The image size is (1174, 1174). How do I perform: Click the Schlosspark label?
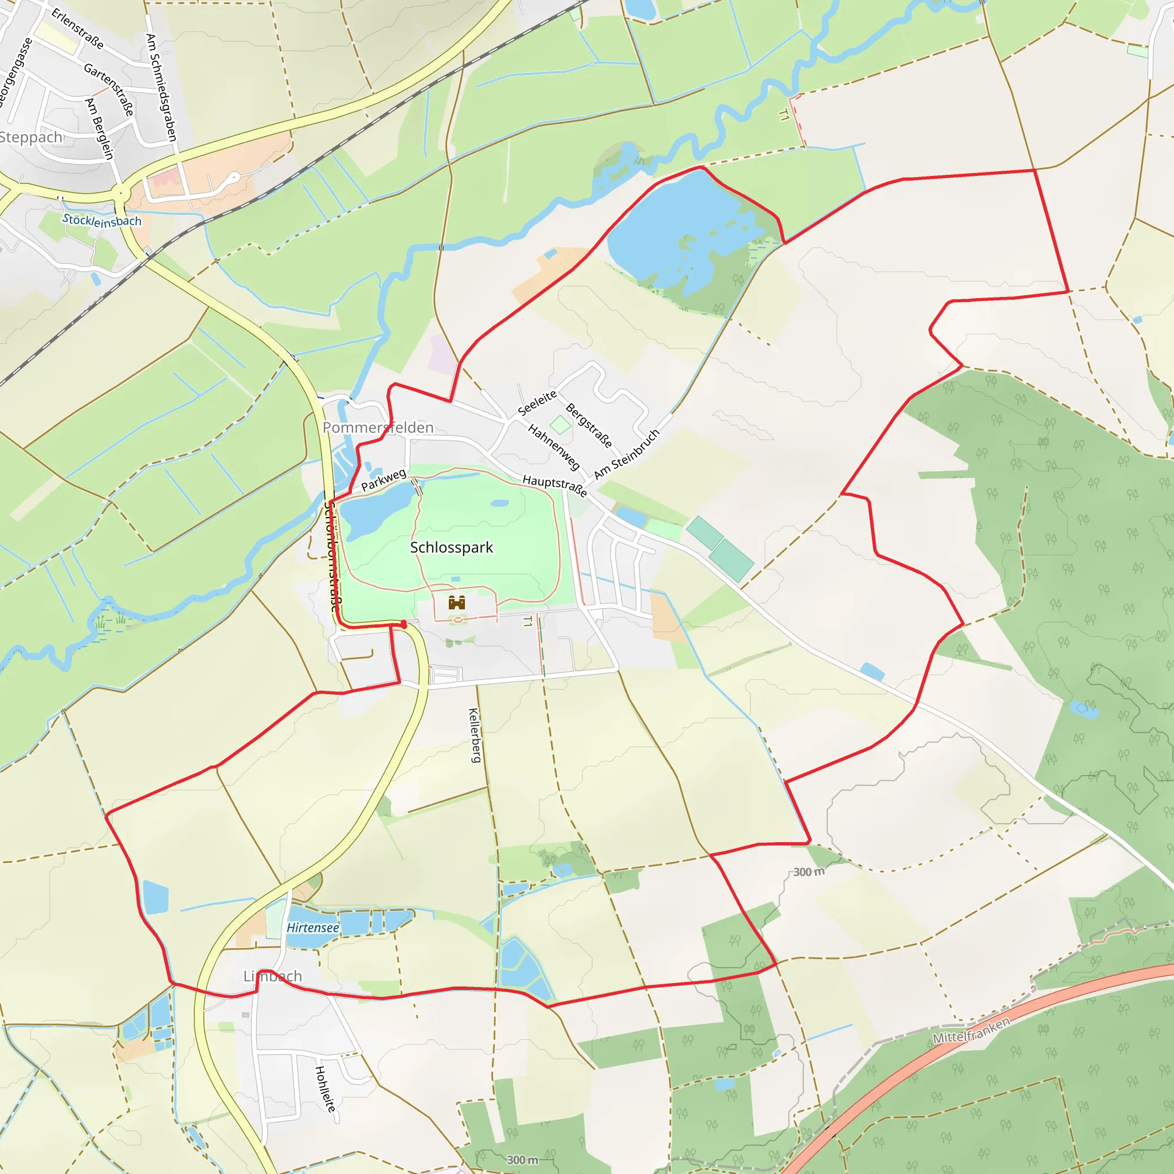pos(452,547)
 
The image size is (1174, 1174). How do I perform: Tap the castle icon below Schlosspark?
pos(456,602)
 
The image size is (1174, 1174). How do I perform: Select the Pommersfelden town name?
pos(378,427)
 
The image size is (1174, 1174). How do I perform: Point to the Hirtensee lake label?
pos(313,928)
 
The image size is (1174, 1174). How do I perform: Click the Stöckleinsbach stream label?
pos(102,221)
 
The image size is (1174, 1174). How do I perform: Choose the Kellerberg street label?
pos(475,735)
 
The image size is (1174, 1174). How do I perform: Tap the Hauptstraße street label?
pos(555,486)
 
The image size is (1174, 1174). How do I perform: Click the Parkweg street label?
pos(383,479)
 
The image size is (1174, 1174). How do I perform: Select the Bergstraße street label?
pos(588,425)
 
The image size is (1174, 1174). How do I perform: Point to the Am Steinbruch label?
pos(627,454)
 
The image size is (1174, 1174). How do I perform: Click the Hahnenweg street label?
pos(554,447)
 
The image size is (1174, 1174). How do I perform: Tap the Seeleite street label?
pos(537,403)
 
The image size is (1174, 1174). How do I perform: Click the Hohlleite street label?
pos(324,1089)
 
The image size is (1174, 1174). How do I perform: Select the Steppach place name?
pos(30,138)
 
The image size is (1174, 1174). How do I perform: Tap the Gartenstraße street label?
pos(109,89)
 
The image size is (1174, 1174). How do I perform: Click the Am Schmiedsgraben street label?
pos(161,88)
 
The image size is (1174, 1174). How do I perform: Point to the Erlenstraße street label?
pos(77,28)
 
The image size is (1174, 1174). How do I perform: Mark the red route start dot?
pos(404,624)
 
